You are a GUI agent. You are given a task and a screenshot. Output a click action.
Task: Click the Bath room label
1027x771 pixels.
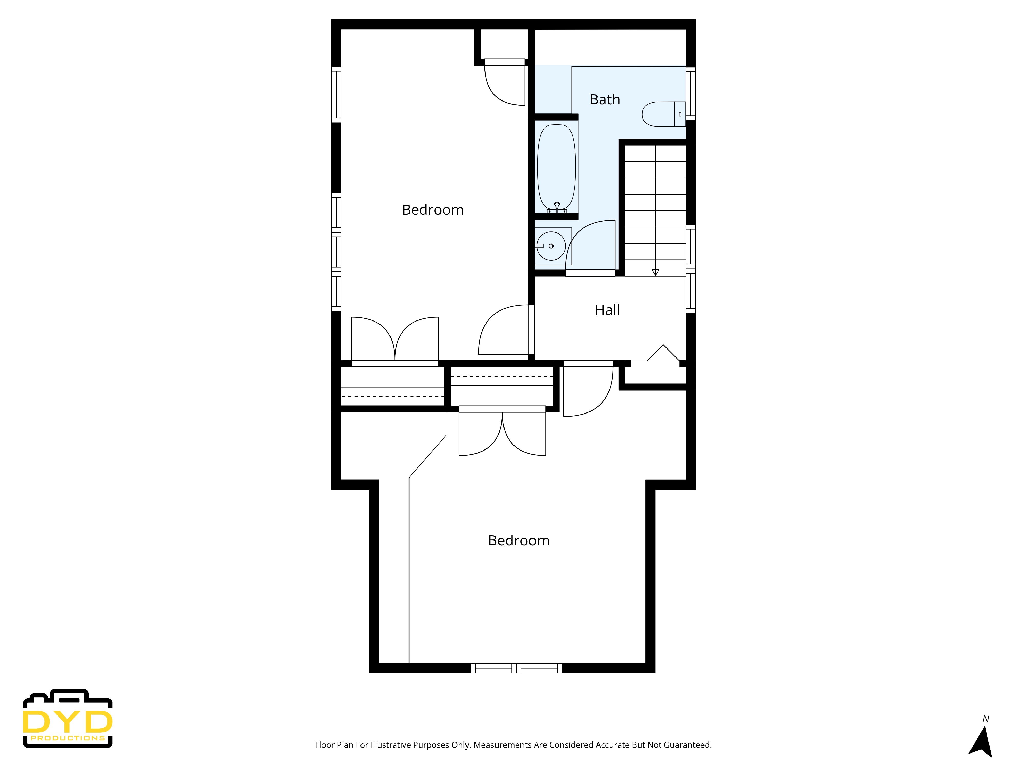(x=604, y=99)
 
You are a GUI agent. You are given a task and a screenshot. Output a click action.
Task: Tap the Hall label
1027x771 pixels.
(x=607, y=310)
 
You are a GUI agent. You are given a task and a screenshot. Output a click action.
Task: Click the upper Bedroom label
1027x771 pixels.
(x=433, y=210)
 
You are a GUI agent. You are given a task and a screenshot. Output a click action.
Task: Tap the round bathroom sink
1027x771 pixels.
(x=551, y=246)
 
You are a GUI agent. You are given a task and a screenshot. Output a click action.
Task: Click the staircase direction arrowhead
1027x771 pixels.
(x=655, y=272)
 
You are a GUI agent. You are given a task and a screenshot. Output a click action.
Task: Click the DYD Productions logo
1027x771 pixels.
(x=68, y=718)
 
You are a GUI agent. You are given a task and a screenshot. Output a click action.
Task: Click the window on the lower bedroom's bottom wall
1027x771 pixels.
(x=516, y=668)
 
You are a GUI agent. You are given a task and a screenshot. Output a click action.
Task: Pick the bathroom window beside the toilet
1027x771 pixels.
(x=690, y=93)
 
